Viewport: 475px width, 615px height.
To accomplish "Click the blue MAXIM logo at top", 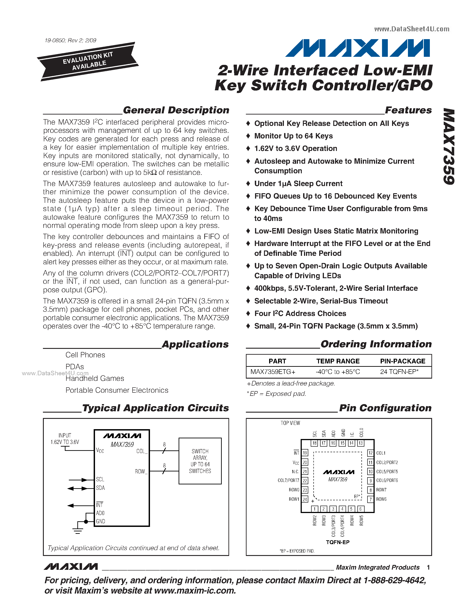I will [357, 48].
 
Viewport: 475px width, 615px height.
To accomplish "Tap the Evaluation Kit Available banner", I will [88, 61].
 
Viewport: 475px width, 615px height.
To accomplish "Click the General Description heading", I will [176, 110].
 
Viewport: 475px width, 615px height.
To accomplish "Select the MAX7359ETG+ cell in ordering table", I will [273, 372].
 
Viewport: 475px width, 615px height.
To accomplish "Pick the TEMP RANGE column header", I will [338, 361].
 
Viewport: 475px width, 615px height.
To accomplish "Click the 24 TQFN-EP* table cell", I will [399, 372].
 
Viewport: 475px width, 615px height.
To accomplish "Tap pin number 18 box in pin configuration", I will [314, 443].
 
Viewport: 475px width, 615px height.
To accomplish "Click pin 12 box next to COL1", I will [370, 453].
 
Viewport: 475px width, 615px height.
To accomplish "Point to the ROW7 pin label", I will [381, 490].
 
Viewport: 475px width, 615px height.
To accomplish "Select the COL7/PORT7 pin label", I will [288, 480].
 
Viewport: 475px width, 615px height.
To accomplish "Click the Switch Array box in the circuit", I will [200, 461].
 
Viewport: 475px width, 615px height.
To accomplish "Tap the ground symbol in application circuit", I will [78, 531].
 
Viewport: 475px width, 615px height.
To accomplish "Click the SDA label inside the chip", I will [100, 488].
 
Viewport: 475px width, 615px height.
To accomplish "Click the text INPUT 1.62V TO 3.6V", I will [65, 439].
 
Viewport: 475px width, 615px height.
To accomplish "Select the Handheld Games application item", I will [95, 378].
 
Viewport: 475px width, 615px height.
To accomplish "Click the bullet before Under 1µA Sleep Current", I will [248, 184].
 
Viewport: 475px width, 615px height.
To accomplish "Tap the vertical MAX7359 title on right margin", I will [449, 146].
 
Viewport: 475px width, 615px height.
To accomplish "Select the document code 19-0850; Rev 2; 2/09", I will [70, 40].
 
